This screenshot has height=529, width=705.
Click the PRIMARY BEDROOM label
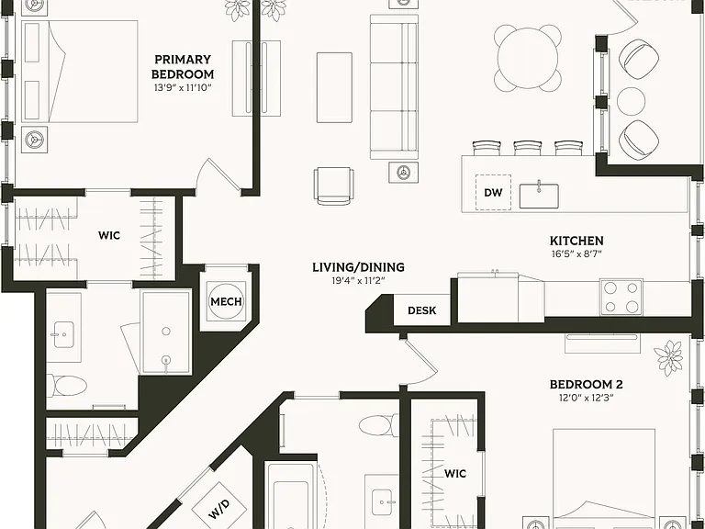[183, 66]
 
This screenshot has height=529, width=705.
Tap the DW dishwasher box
[493, 193]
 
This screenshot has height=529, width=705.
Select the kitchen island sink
[539, 196]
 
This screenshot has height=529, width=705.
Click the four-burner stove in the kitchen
[621, 297]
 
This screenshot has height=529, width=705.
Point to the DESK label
[421, 310]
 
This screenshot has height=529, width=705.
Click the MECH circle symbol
[226, 301]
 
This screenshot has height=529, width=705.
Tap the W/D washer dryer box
[219, 506]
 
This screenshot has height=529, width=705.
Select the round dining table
[528, 58]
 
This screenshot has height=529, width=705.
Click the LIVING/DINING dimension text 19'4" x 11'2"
[358, 281]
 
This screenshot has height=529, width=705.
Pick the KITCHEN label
[576, 241]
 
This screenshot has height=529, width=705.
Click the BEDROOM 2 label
[587, 385]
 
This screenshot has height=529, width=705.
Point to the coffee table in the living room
[334, 87]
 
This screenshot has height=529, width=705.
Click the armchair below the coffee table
[333, 186]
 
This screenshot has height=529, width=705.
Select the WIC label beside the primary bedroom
[109, 235]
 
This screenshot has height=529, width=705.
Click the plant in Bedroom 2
[668, 358]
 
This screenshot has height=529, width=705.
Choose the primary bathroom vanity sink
[64, 334]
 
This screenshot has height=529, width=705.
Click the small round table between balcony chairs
[632, 100]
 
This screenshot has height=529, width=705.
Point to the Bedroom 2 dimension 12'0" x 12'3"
[587, 398]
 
